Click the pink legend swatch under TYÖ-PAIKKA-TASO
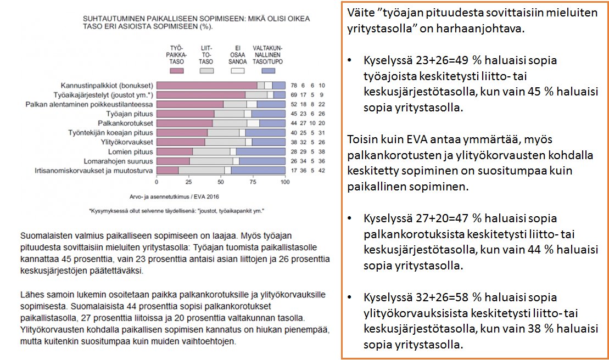(176, 71)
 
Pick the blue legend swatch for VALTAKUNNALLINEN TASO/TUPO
(267, 71)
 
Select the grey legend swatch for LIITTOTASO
(206, 71)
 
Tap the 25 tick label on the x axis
(188, 182)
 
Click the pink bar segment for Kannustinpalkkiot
(206, 85)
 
